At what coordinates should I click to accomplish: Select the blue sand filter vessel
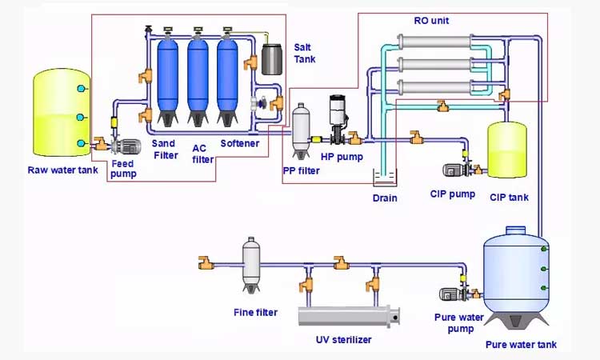click(x=168, y=76)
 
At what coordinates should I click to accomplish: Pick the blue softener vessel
click(x=228, y=76)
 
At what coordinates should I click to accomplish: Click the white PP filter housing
click(x=302, y=128)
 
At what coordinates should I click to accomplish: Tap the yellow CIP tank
click(x=508, y=150)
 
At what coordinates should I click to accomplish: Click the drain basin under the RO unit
click(x=385, y=178)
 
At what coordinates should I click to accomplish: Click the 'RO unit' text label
click(x=432, y=20)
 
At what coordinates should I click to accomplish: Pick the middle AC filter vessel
click(x=198, y=76)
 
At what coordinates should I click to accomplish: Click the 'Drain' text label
click(x=385, y=198)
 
